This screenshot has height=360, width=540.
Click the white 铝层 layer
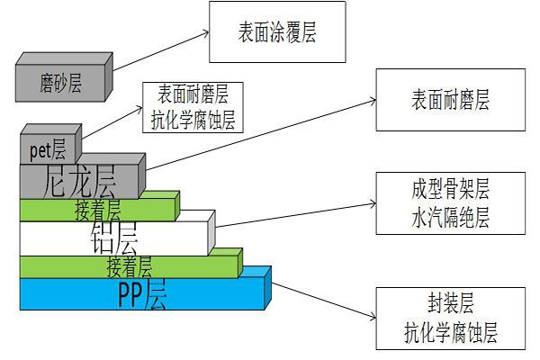pos(112,238)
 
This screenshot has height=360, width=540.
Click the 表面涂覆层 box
pos(276,32)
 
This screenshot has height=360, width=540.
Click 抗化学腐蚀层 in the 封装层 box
pos(451,335)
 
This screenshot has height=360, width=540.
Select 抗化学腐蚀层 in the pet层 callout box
pos(193,120)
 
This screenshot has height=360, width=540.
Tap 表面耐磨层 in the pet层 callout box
pos(193,93)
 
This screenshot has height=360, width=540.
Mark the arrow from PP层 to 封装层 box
pos(324,298)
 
